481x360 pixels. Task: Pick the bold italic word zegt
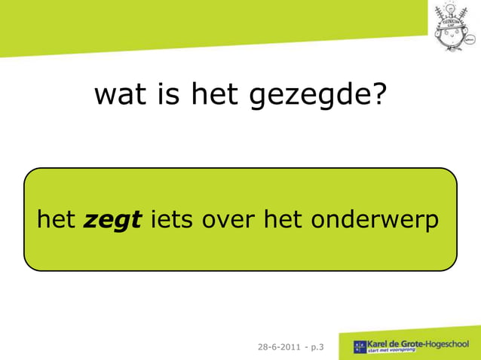tap(113, 221)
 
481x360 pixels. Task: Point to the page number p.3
tap(318, 347)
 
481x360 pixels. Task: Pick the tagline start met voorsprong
tap(394, 352)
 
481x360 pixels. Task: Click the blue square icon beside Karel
tap(360, 347)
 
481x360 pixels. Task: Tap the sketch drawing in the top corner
tap(455, 26)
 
